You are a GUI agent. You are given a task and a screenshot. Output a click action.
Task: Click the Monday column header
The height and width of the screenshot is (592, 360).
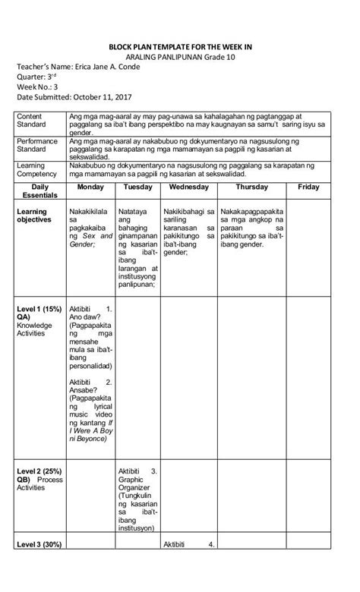pyautogui.click(x=91, y=187)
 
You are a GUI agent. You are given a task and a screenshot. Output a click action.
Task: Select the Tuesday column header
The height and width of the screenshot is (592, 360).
pyautogui.click(x=137, y=187)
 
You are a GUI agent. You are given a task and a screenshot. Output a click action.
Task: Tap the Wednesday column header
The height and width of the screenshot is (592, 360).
pyautogui.click(x=189, y=187)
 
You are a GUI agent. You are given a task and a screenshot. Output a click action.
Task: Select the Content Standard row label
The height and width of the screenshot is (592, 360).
pyautogui.click(x=31, y=121)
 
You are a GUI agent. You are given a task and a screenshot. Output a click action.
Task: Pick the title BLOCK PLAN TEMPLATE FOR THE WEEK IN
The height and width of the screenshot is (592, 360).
pyautogui.click(x=180, y=47)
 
